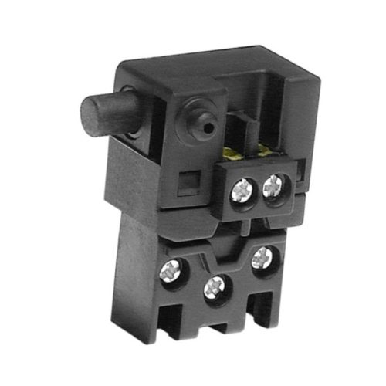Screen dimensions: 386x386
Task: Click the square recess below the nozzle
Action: point(185,185)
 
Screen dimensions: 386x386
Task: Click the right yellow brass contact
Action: point(266,149)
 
